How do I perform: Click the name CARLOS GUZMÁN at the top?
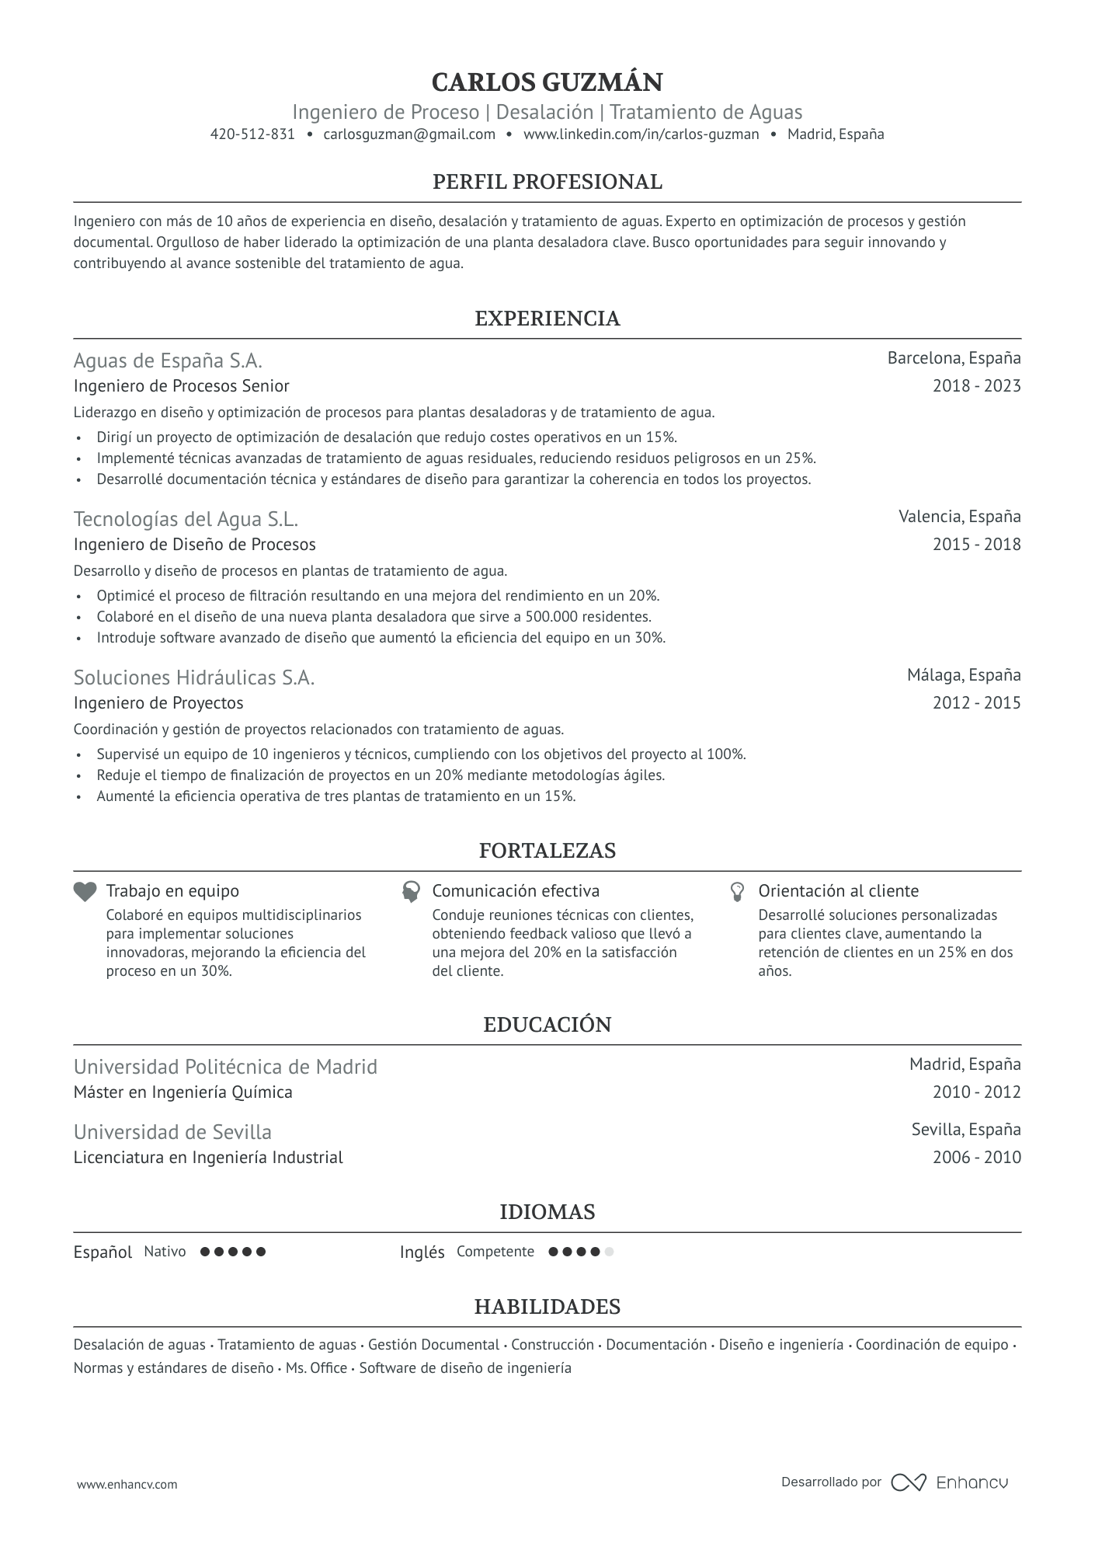[547, 82]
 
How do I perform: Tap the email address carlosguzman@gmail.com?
[409, 134]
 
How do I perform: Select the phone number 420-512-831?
[252, 134]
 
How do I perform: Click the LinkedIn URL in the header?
[641, 134]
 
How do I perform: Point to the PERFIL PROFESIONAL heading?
[547, 182]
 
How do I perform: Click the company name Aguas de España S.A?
[168, 361]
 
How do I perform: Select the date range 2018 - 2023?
[976, 386]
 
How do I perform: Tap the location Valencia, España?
[959, 517]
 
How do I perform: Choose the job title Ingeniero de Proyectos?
[158, 703]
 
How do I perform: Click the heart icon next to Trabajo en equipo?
[85, 891]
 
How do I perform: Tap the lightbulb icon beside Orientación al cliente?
[738, 891]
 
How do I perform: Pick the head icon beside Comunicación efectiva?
[411, 891]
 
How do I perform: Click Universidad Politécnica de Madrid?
[225, 1067]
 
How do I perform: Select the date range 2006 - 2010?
[976, 1158]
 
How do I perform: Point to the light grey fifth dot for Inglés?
[609, 1252]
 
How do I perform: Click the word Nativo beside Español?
[165, 1252]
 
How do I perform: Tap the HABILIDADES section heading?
[547, 1307]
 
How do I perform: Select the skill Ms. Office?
[316, 1367]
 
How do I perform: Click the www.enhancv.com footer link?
[127, 1484]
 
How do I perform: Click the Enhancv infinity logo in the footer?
[908, 1482]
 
